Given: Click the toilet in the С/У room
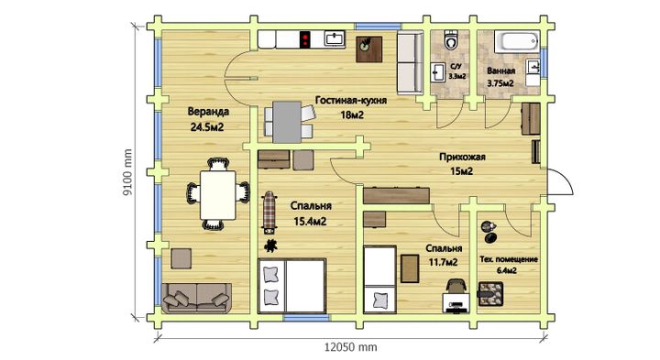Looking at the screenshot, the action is [x=451, y=40].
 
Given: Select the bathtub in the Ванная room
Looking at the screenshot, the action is [x=517, y=41].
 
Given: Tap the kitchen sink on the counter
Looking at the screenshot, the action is [x=335, y=38].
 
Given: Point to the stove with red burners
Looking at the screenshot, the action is [x=304, y=39].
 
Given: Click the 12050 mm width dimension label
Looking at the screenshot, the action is [x=350, y=347].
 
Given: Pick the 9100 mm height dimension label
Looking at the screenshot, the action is [x=127, y=172].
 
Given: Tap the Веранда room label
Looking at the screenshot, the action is [x=208, y=112].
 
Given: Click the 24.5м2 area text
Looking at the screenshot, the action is [x=206, y=126].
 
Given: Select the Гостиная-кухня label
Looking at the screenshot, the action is [x=351, y=101].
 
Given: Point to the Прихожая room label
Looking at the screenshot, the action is [x=462, y=157].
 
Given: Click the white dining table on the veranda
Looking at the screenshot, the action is [x=217, y=195].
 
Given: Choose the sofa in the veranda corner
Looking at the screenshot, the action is [x=196, y=298].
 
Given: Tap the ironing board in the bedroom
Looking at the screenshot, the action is [x=269, y=213].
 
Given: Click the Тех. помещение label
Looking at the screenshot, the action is [x=509, y=259].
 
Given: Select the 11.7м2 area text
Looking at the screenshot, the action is [x=443, y=262].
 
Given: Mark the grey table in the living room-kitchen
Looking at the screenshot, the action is [x=287, y=122].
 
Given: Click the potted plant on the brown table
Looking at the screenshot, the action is [x=366, y=43].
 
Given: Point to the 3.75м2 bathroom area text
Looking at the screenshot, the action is [x=500, y=83].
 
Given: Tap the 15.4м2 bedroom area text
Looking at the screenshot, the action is [x=310, y=221].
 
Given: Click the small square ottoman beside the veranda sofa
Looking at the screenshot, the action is [x=181, y=258].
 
